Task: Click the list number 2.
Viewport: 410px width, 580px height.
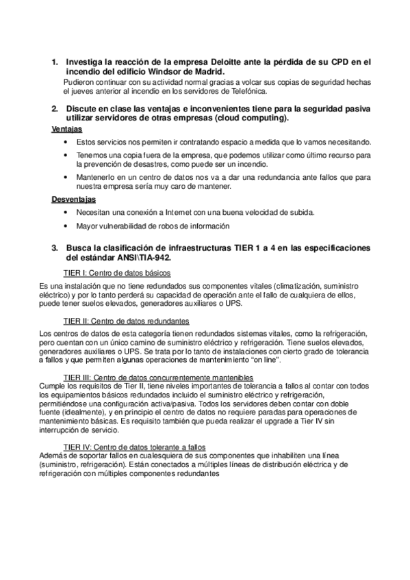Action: pos(55,109)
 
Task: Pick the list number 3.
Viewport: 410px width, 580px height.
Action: pos(55,247)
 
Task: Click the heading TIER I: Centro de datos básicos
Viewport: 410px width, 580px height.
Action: pos(116,272)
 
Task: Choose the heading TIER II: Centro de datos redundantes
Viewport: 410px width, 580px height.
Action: pos(126,320)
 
